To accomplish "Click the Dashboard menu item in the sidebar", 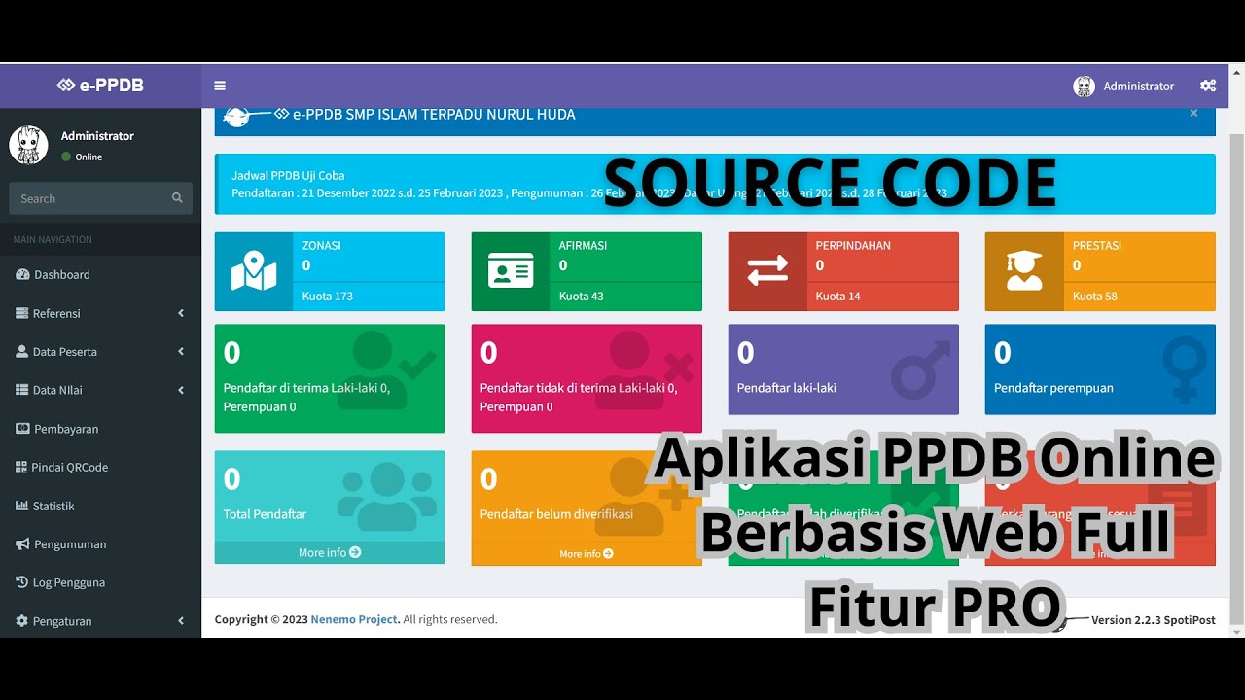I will coord(61,275).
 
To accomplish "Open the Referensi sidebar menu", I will coord(56,313).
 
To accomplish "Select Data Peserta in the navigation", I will coord(64,352).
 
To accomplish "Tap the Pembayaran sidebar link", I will coord(66,429).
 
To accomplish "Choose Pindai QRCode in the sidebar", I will coord(69,468).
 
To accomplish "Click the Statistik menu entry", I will coord(53,506).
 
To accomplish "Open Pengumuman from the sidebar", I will coord(70,544).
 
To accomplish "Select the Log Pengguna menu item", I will coord(68,582).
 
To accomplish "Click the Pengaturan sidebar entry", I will coord(62,621).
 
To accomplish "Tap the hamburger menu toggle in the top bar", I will coord(220,86).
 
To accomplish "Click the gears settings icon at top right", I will coord(1208,86).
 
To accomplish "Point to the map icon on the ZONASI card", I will coord(254,271).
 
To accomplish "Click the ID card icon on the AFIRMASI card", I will coord(511,271).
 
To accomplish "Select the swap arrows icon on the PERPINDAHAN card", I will coord(767,271).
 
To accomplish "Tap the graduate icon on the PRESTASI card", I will coord(1024,271).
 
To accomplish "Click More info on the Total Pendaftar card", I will coord(330,552).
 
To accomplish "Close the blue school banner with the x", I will coord(1193,113).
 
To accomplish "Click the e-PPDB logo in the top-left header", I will coord(100,86).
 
